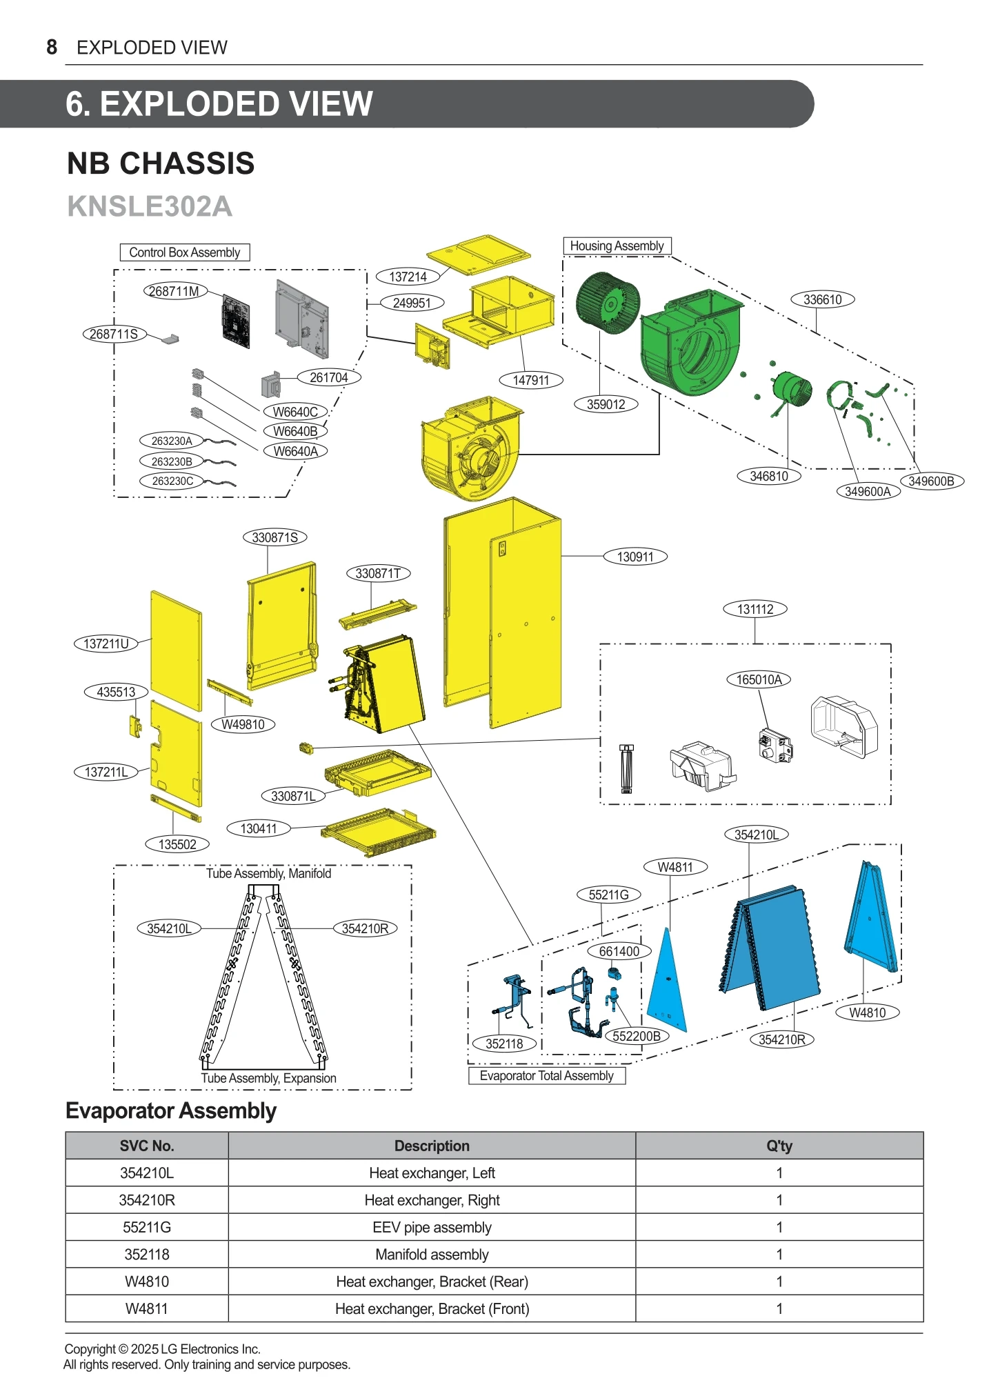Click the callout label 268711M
174,291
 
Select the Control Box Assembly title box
184,252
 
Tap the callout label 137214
408,277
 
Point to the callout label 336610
822,299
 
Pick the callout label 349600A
868,491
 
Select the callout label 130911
635,557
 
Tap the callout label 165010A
759,679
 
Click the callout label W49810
243,724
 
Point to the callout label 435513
116,692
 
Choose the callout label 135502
177,844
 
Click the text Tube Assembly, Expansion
268,1078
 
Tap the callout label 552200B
636,1036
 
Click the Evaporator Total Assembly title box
546,1076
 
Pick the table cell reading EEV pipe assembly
432,1227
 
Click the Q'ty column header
779,1146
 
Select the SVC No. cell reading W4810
147,1282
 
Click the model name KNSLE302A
150,206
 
